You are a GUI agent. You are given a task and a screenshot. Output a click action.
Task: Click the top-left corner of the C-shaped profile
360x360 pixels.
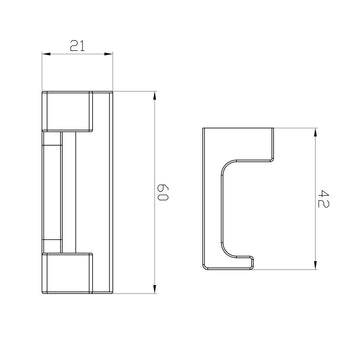(204, 129)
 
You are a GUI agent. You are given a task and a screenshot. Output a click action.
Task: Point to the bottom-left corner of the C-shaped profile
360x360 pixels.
(204, 269)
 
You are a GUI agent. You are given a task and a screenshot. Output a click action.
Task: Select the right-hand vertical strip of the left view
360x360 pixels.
(105, 190)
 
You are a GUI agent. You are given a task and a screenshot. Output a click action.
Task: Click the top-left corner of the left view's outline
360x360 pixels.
(42, 93)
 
